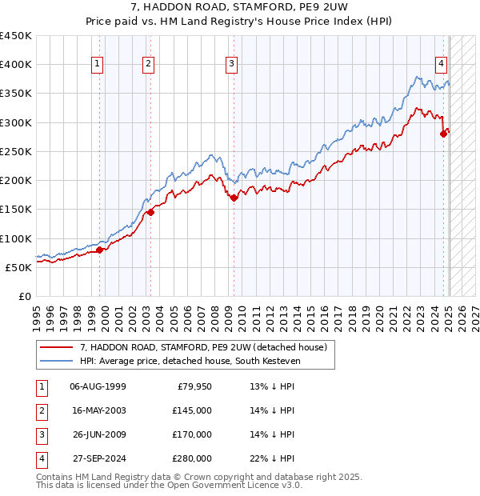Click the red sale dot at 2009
pos(234,198)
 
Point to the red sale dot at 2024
pos(443,134)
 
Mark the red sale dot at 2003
pos(150,213)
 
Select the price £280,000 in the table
pos(192,458)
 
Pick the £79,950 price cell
pos(194,386)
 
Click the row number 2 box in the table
pos(41,410)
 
